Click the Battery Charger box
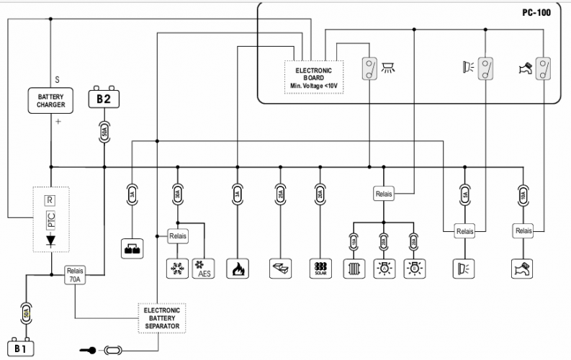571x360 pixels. tap(51, 100)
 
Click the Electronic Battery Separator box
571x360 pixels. tap(161, 318)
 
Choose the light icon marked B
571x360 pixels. tap(413, 269)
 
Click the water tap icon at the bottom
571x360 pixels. tap(522, 269)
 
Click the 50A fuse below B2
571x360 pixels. tap(104, 132)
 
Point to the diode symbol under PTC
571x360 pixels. tap(51, 243)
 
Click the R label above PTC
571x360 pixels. tap(50, 199)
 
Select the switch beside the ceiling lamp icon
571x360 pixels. tap(370, 68)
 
